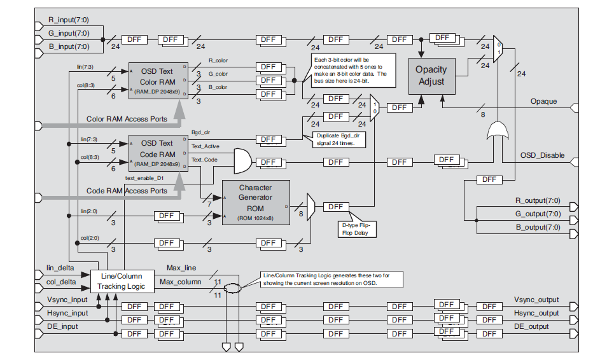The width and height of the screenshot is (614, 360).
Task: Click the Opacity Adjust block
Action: (x=431, y=76)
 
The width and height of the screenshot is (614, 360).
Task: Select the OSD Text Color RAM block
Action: (x=157, y=80)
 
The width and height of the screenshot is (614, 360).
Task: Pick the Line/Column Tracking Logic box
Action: (x=121, y=280)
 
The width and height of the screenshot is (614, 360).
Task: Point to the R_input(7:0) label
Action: (x=69, y=21)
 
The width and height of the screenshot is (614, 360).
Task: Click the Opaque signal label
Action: (x=543, y=102)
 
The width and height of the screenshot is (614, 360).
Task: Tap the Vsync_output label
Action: (x=536, y=300)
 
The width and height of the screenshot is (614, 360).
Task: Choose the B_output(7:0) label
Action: (x=538, y=227)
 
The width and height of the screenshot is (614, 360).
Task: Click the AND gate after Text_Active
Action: (x=242, y=162)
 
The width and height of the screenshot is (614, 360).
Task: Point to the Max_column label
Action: (x=180, y=282)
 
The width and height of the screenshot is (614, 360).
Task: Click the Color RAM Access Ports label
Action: (x=127, y=118)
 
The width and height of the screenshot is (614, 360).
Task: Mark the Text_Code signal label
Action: (x=205, y=160)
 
